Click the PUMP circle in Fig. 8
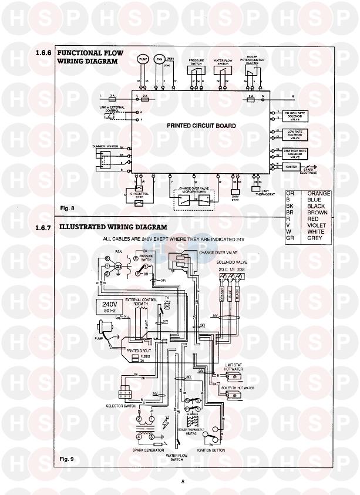coord(143,60)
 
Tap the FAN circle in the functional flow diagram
coord(158,60)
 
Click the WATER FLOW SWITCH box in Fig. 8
coord(222,70)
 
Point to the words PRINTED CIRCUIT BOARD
coord(201,126)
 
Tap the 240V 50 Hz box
coord(109,307)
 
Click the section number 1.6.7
coord(44,227)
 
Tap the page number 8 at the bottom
coord(183,482)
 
